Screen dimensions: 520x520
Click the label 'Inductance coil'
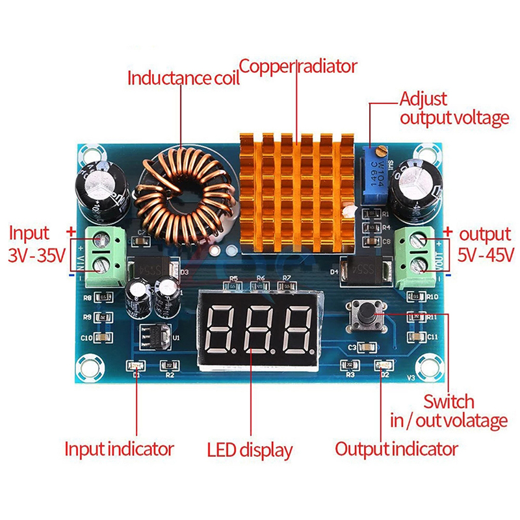183,79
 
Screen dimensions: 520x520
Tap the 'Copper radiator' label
298,66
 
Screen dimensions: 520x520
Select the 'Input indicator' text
119,448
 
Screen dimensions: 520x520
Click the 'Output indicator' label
396,448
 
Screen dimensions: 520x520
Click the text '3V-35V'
37,255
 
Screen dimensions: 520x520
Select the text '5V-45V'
486,255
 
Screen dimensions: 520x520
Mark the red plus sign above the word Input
70,230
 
